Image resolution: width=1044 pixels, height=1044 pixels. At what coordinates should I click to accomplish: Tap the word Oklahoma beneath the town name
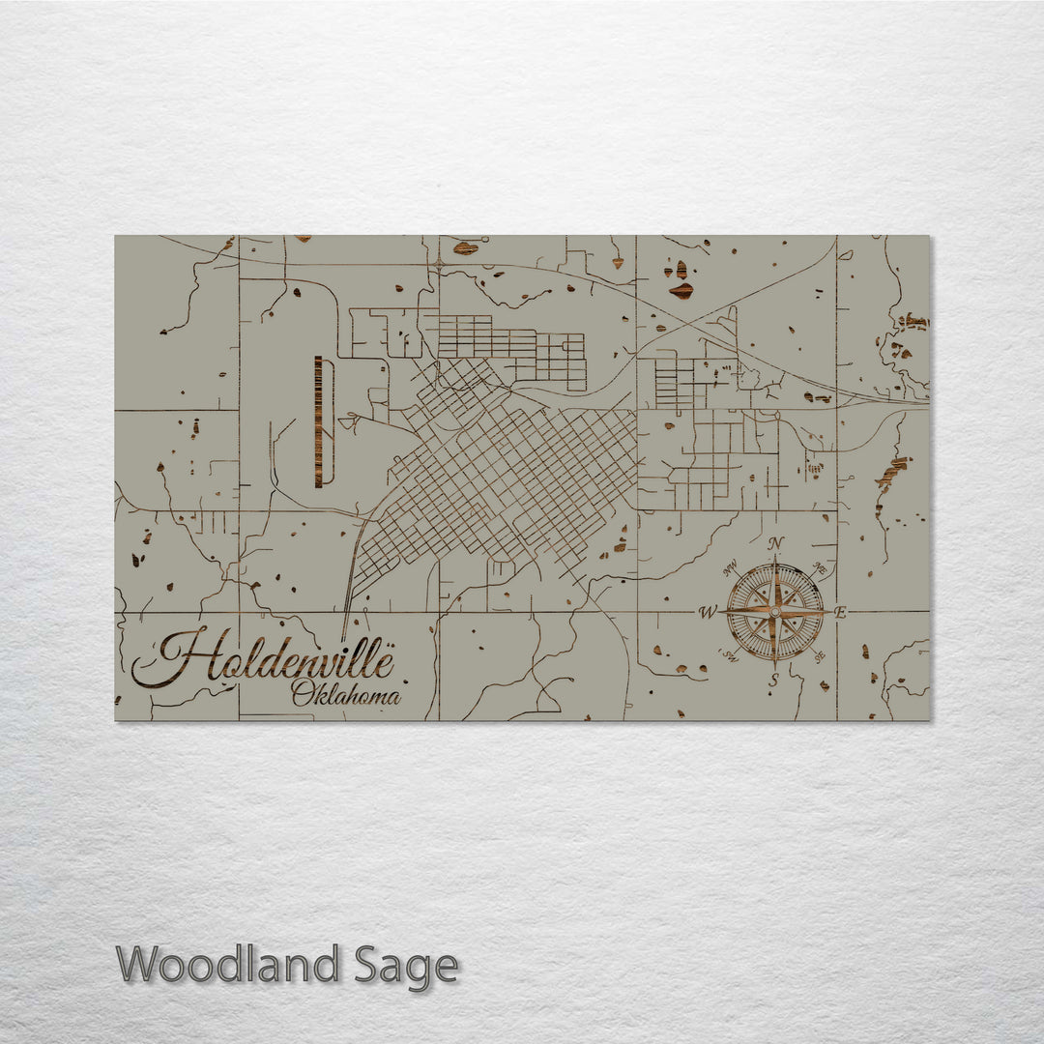click(x=345, y=693)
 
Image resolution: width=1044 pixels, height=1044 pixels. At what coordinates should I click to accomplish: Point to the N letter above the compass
click(x=774, y=543)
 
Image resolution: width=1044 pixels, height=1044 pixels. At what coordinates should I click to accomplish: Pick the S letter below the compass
click(x=773, y=681)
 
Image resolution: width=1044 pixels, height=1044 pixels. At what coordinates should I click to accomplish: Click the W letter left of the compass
click(x=708, y=612)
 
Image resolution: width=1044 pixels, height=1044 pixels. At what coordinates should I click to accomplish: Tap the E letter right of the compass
click(x=840, y=612)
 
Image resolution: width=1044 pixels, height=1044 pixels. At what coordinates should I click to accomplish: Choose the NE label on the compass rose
click(x=819, y=567)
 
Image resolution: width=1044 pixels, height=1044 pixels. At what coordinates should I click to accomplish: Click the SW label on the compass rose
click(x=730, y=656)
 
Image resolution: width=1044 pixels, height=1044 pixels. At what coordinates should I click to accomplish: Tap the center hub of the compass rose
click(x=774, y=612)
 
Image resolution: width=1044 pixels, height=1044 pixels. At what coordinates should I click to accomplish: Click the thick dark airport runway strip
click(x=318, y=421)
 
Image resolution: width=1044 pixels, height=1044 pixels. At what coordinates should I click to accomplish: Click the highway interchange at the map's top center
click(x=439, y=263)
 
